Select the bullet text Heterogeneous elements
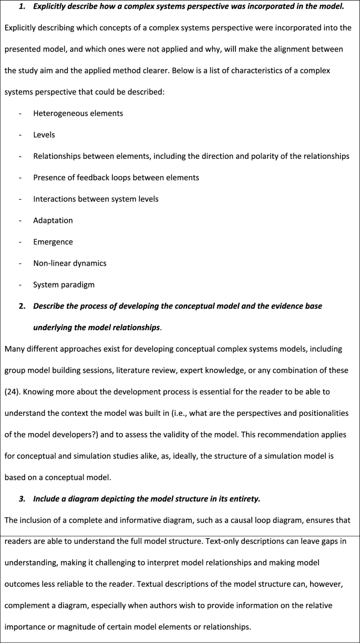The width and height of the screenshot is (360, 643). (78, 113)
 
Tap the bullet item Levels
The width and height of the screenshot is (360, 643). (44, 135)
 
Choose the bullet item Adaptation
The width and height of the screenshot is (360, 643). (53, 220)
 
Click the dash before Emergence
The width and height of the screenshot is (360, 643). (20, 242)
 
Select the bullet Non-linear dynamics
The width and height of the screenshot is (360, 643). (69, 263)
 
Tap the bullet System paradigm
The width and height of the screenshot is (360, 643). (64, 285)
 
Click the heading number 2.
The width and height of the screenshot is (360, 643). (22, 306)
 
